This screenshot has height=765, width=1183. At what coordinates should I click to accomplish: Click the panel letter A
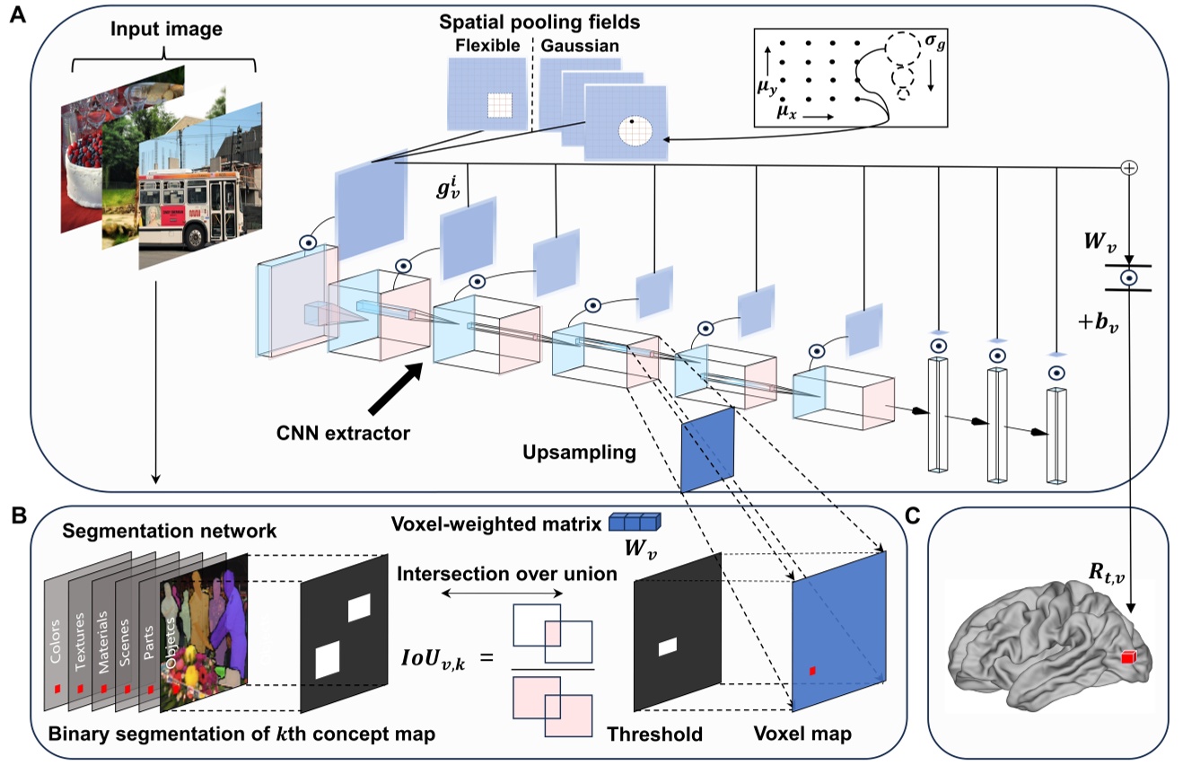[15, 17]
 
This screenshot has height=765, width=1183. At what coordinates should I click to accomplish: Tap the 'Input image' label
[166, 31]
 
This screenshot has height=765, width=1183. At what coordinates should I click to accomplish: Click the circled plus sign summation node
[1130, 168]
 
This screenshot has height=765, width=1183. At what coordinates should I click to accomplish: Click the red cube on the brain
[1127, 657]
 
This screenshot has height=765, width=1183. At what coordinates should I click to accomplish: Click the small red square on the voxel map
[812, 671]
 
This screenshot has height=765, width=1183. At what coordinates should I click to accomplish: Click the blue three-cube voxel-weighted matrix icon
[634, 521]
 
